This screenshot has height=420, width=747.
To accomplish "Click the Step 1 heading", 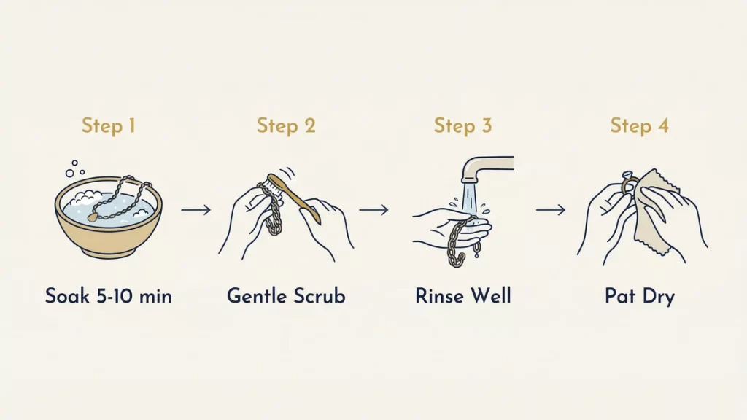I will [x=109, y=125].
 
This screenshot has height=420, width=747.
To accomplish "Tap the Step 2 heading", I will [x=286, y=125].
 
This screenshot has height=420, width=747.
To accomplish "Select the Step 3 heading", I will [x=463, y=125].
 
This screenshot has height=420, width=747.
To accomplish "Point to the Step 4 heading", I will [x=640, y=125].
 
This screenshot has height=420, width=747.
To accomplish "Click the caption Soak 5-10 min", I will [x=109, y=296].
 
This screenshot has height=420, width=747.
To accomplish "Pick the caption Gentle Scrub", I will [x=286, y=296].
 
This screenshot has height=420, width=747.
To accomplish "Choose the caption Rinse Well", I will [x=463, y=296].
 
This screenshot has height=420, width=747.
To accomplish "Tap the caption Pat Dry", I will [x=640, y=296].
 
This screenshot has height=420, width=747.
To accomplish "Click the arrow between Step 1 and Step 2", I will [x=196, y=210].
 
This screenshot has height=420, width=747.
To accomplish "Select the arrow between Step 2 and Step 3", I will [x=373, y=210].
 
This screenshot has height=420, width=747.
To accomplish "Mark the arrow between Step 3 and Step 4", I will [x=551, y=210].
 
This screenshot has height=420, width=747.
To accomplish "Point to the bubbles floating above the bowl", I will [x=71, y=169].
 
